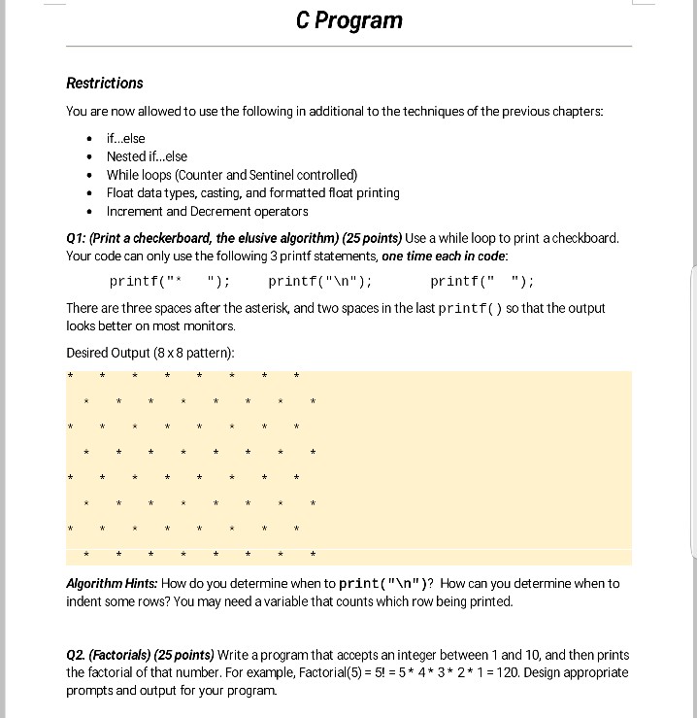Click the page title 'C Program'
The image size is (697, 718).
tap(348, 20)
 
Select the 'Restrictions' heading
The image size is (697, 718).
tap(104, 84)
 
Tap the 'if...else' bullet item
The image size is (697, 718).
tap(125, 138)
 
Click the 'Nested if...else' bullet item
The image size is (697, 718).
tap(147, 156)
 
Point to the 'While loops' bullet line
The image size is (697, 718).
tap(232, 175)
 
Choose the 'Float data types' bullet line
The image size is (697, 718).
tap(252, 192)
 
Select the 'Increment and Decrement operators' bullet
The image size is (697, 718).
tap(207, 211)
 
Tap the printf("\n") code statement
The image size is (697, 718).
tap(319, 282)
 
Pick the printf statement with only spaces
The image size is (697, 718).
tap(481, 282)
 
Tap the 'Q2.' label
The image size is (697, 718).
tap(78, 655)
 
